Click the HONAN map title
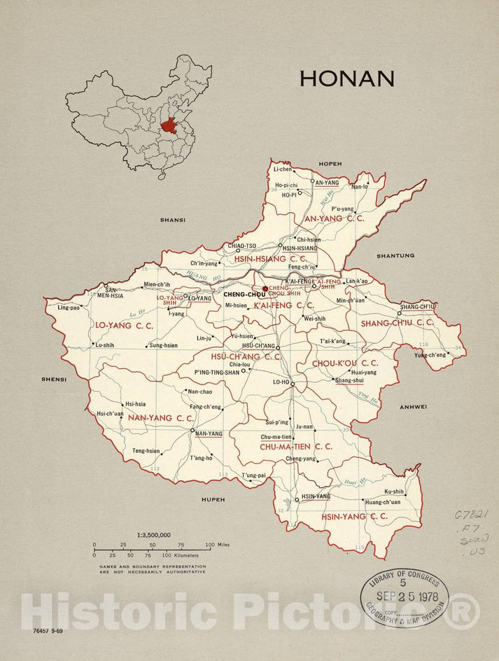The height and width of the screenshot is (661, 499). click(x=346, y=78)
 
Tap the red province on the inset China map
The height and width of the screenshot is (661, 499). click(x=169, y=126)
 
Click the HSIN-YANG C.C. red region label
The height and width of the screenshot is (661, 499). click(x=354, y=516)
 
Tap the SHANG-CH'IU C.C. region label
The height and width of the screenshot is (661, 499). click(x=397, y=323)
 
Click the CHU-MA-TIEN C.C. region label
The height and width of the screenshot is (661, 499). click(x=295, y=446)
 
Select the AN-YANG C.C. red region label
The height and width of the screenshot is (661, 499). click(x=333, y=218)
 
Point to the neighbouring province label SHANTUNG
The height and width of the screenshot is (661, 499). click(x=396, y=256)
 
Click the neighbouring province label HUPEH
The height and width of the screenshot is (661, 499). click(x=213, y=499)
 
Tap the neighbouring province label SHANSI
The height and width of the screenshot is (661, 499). click(x=173, y=220)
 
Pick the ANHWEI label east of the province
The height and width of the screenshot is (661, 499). click(x=413, y=406)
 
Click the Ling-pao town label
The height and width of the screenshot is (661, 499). click(x=69, y=307)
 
